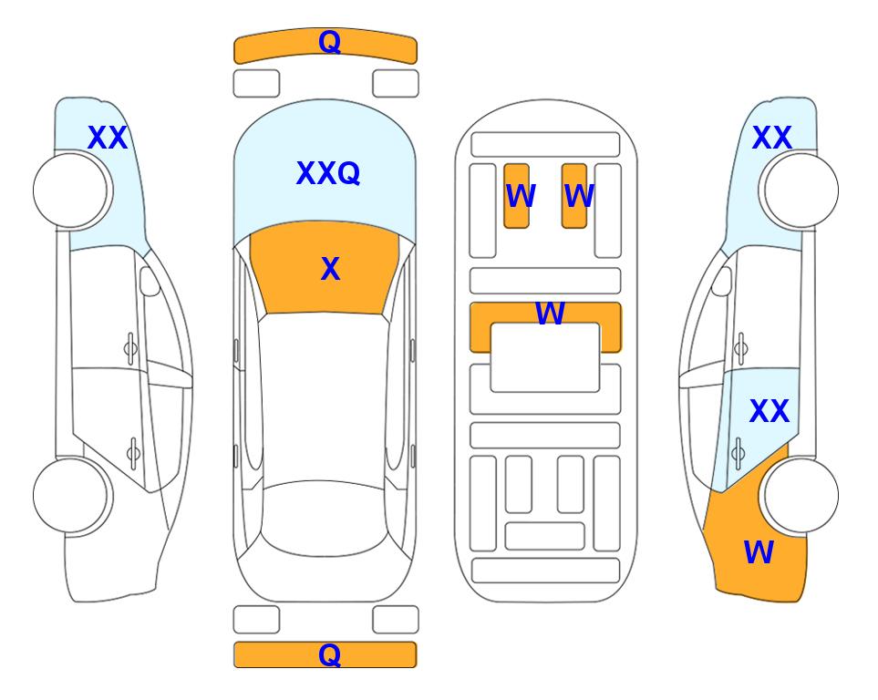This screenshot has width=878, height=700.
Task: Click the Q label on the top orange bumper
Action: (x=329, y=42)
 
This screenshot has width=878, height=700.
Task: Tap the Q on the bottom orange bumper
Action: (x=329, y=654)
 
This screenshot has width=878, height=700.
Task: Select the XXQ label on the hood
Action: (x=328, y=173)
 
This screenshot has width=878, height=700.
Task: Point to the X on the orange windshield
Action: (x=330, y=269)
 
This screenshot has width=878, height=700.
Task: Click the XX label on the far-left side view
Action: (x=108, y=138)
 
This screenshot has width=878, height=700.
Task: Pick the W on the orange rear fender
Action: (x=759, y=552)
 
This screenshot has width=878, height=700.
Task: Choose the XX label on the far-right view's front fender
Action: (x=772, y=138)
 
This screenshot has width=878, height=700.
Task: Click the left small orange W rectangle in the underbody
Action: (x=516, y=196)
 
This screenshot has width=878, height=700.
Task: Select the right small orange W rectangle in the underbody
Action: (x=574, y=196)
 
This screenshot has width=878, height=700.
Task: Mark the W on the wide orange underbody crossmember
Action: (x=550, y=313)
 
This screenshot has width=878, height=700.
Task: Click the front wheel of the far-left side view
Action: (x=70, y=190)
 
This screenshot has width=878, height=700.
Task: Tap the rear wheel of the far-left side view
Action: (x=70, y=495)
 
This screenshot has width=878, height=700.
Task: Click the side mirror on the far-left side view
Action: (x=150, y=281)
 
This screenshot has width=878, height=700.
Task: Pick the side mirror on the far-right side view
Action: (x=722, y=281)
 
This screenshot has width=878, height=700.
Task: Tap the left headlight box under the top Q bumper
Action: (x=256, y=84)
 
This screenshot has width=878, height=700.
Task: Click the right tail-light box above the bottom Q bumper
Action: (x=396, y=620)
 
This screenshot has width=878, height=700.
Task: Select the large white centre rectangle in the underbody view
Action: (x=545, y=357)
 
